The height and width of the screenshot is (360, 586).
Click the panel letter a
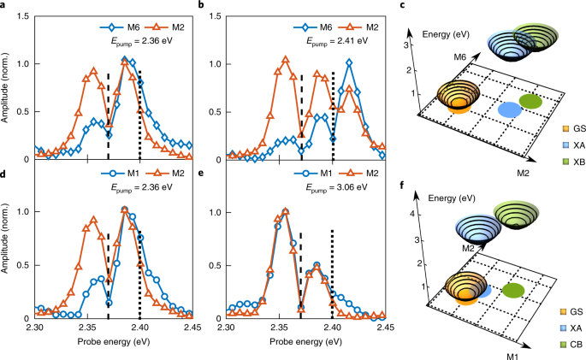coord(3,5)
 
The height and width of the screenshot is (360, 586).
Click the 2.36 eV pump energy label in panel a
coord(142,41)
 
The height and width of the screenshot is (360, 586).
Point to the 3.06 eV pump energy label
coord(337,187)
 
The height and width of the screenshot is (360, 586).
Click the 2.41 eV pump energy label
coord(337,41)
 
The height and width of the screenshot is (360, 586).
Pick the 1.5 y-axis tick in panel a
coord(25,16)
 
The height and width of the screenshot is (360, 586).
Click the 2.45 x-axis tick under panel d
coord(192,328)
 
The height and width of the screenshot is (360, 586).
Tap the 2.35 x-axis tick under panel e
coord(279,328)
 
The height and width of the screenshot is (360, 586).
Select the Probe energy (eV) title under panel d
coord(114,342)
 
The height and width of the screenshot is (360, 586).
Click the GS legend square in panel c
coord(565,128)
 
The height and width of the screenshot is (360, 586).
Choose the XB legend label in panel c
coord(579,162)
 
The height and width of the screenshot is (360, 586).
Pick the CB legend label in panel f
coord(577,345)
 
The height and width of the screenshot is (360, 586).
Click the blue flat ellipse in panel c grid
coord(510,110)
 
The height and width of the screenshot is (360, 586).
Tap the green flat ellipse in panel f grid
coord(513,291)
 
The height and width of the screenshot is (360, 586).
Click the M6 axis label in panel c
coord(460,57)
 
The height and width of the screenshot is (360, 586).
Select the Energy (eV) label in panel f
coord(452,198)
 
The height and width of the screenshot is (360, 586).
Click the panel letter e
coord(201,173)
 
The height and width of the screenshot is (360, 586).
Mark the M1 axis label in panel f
coord(512,356)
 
